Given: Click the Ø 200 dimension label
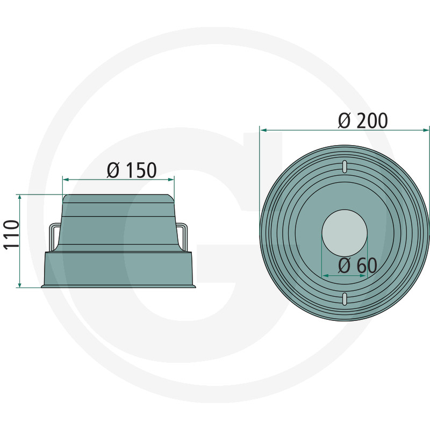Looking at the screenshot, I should (363, 121).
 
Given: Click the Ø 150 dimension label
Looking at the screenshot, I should (132, 170).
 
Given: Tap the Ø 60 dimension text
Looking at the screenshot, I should (357, 265).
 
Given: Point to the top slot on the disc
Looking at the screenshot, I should (343, 166).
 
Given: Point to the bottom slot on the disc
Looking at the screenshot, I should (343, 299).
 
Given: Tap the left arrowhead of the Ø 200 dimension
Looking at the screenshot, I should (263, 129).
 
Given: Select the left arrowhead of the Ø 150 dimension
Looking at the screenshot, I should (66, 180).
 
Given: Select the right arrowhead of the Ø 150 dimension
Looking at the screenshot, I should (172, 180).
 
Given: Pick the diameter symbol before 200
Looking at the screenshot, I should (345, 121).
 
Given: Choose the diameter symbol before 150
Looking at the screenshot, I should (113, 170).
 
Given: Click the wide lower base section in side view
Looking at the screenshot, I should (118, 269).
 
